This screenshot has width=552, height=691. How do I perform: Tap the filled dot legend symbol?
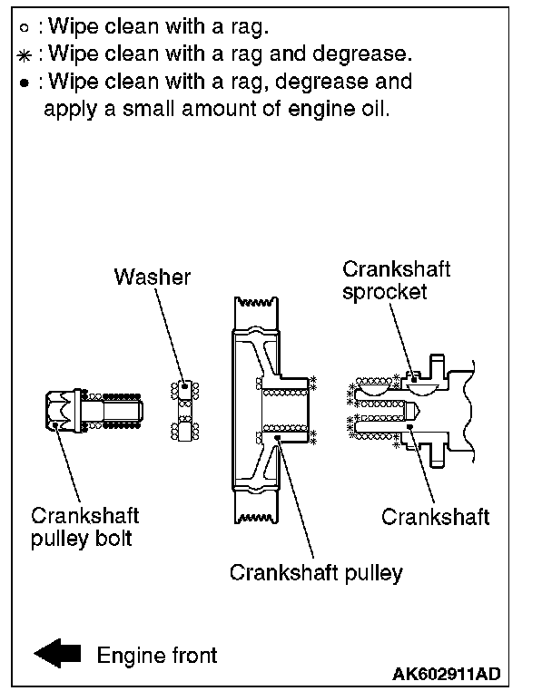[x=25, y=83]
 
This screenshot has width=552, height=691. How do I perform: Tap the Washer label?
[x=153, y=277]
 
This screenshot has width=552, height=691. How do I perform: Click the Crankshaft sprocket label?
[x=396, y=282]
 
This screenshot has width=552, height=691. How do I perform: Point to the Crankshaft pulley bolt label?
[x=85, y=527]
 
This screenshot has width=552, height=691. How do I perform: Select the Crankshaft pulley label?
[x=315, y=573]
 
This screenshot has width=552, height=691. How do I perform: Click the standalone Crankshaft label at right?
[x=435, y=518]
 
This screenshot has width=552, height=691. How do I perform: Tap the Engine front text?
[x=157, y=654]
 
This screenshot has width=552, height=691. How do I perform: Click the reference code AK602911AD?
[x=446, y=675]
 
